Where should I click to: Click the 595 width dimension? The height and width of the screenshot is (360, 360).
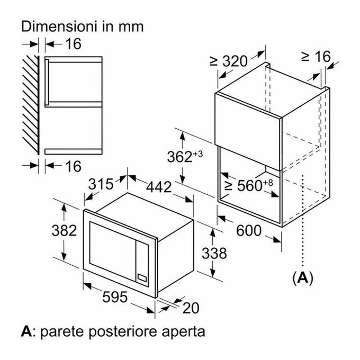click(x=115, y=297)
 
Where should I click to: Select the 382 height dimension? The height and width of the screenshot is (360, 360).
click(x=64, y=230)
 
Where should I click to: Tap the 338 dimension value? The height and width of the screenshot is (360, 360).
click(x=214, y=253)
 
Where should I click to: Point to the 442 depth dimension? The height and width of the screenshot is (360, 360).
click(x=159, y=187)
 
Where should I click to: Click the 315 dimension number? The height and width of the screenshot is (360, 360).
click(x=101, y=184)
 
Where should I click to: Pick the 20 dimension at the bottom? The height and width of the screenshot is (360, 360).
click(x=191, y=308)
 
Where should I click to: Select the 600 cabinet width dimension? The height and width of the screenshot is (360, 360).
click(x=249, y=230)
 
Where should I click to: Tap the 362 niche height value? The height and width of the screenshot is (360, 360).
click(x=185, y=157)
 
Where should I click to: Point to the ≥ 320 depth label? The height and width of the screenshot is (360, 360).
click(x=229, y=61)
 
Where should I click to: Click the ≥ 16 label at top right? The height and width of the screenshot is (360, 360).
click(x=316, y=57)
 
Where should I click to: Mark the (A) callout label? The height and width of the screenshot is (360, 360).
click(x=303, y=278)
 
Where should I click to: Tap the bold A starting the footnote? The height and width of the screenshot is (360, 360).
click(x=26, y=331)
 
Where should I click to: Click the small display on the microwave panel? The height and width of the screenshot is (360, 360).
click(x=142, y=278)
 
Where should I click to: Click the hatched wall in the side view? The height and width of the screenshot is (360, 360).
click(x=31, y=105)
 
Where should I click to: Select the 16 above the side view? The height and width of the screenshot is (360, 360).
click(x=73, y=43)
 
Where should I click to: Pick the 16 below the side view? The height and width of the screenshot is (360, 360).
click(x=73, y=166)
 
